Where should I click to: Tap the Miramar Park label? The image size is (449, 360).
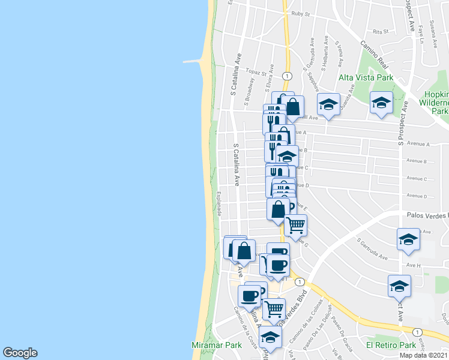[216, 345]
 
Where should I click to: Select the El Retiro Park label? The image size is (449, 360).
[391, 345]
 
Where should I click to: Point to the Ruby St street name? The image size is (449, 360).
[300, 14]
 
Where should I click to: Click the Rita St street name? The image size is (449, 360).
[381, 31]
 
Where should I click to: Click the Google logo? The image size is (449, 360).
[20, 353]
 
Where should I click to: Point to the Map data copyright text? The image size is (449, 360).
[424, 355]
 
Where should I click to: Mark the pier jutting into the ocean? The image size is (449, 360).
[193, 61]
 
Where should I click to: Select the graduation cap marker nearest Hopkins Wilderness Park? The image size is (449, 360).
[381, 103]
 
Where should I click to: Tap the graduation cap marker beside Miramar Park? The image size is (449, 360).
[270, 337]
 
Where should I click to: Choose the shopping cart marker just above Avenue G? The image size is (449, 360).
[295, 225]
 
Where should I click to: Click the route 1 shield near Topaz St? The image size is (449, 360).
[288, 76]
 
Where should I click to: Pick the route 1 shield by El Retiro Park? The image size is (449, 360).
[416, 331]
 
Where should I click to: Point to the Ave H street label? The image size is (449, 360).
[414, 265]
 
